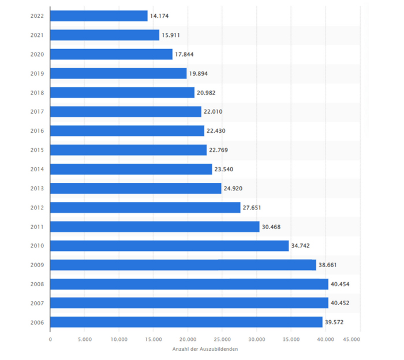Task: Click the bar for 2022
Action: click(x=99, y=16)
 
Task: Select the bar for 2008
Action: click(x=189, y=284)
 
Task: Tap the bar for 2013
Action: click(x=136, y=188)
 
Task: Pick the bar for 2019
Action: click(x=118, y=73)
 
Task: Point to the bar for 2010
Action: click(x=169, y=246)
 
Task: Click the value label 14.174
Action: click(x=159, y=16)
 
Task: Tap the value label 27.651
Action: click(x=252, y=208)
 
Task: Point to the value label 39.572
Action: click(x=334, y=322)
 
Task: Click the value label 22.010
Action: click(x=213, y=112)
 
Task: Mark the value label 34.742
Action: click(x=301, y=246)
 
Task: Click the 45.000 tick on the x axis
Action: click(x=352, y=339)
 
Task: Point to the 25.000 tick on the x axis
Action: click(x=222, y=339)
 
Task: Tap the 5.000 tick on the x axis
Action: click(x=84, y=339)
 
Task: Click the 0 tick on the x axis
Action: click(x=50, y=339)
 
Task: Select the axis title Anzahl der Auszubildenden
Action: click(x=205, y=349)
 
